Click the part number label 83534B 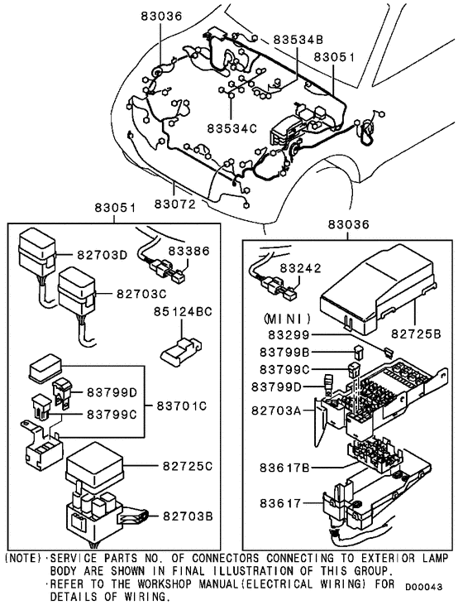coord(298,40)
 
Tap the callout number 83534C coord(231,128)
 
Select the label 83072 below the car coord(175,204)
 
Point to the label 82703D coord(103,255)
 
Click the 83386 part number coord(189,251)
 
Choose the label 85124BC coord(183,311)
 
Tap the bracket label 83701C coord(182,406)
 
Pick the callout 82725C coord(188,466)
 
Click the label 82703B coord(188,516)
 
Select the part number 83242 coord(300,268)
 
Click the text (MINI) coord(287,319)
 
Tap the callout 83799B coord(284,353)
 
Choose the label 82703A coord(276,411)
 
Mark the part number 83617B coord(284,468)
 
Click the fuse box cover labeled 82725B coord(378,290)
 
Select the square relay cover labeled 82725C coord(94,468)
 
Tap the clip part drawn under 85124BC coord(180,352)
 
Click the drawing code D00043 coord(423,588)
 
